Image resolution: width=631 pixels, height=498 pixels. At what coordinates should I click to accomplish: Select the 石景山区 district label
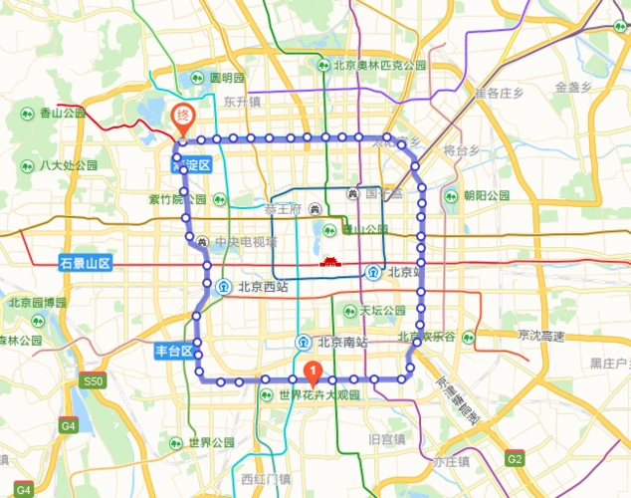85,264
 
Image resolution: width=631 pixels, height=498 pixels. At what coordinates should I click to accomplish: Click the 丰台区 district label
173,351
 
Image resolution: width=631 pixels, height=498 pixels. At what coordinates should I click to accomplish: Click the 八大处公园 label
68,165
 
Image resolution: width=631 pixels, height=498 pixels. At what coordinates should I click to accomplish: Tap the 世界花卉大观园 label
317,395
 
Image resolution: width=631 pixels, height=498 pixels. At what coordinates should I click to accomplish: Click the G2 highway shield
514,459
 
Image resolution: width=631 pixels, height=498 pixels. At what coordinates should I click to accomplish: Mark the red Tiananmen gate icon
329,263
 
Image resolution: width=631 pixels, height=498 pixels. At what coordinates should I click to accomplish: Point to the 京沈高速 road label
540,337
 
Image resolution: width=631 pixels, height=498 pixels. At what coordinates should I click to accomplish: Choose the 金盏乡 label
574,87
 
